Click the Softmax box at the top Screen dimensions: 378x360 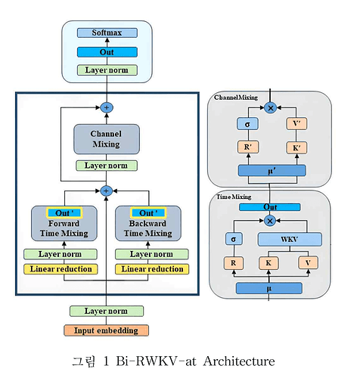tap(107, 33)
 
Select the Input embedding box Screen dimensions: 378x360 tap(107, 330)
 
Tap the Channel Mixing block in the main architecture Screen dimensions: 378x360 tap(106, 139)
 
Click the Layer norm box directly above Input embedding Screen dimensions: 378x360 tap(107, 311)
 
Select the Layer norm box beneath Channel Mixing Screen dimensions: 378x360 tap(106, 166)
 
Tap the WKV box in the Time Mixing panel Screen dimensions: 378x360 tap(290, 240)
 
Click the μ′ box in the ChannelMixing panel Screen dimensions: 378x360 tap(270, 171)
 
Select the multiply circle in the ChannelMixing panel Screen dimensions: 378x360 tap(270, 108)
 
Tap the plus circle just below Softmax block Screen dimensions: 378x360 tap(106, 107)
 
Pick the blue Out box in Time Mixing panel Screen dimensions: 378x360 tap(270, 207)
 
